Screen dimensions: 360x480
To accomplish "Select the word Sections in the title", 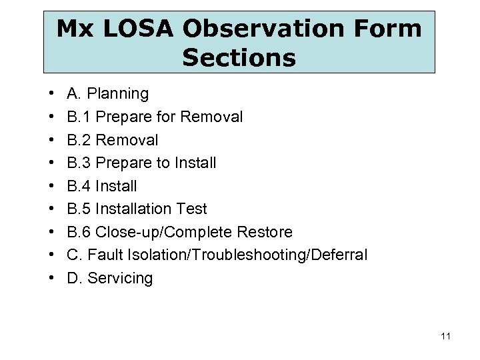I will point(239,58).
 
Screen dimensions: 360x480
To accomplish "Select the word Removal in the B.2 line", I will point(127,140).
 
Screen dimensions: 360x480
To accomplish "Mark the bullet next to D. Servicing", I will point(51,278).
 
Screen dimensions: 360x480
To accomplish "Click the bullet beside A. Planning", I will point(51,94).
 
